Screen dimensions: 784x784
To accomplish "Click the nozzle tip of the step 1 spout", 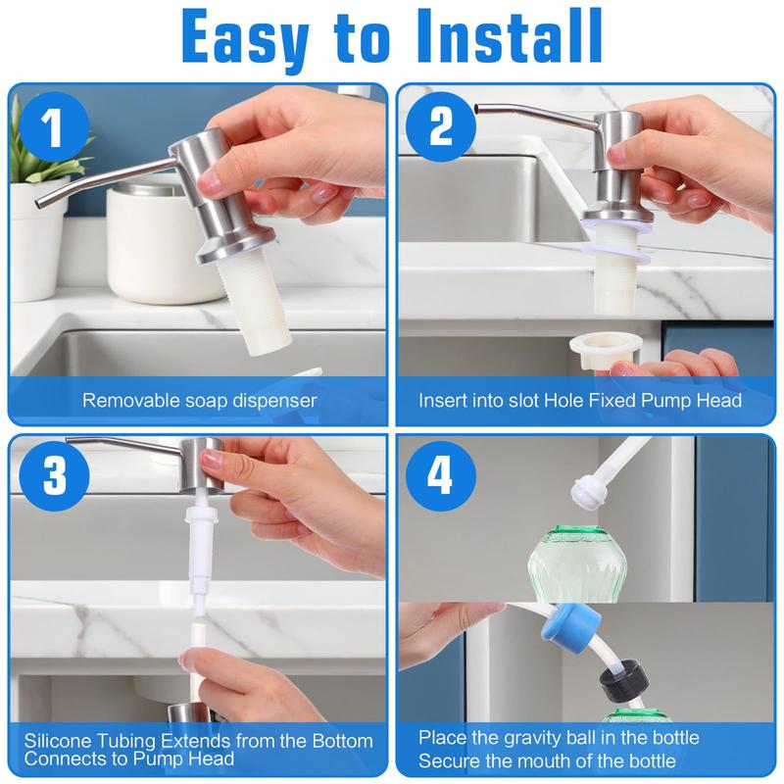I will pos(40,203).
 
